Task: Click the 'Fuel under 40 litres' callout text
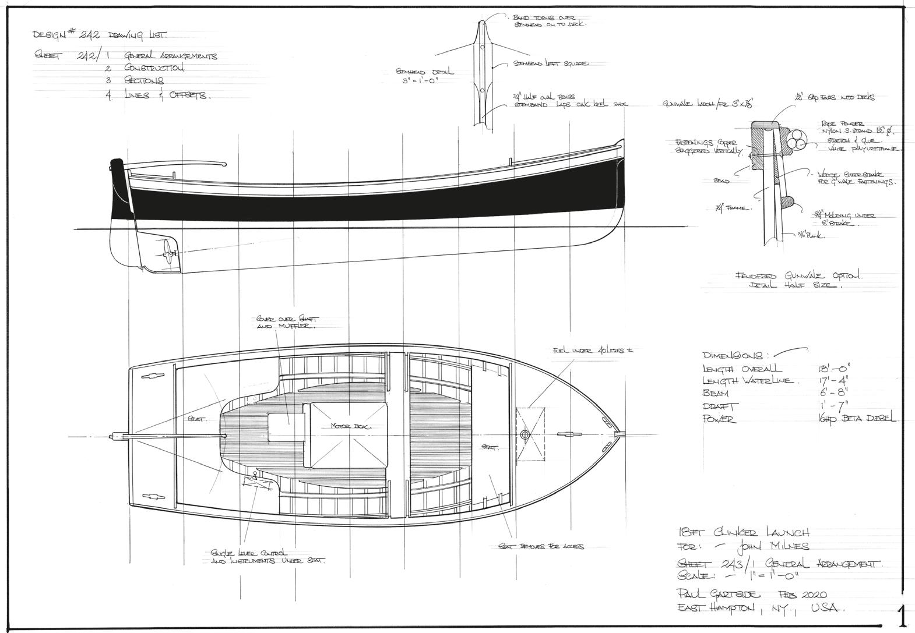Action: pos(593,351)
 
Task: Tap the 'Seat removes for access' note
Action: pos(541,546)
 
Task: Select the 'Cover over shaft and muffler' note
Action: pos(286,323)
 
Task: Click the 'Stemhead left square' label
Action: pos(550,63)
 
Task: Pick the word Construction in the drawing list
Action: pos(154,68)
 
